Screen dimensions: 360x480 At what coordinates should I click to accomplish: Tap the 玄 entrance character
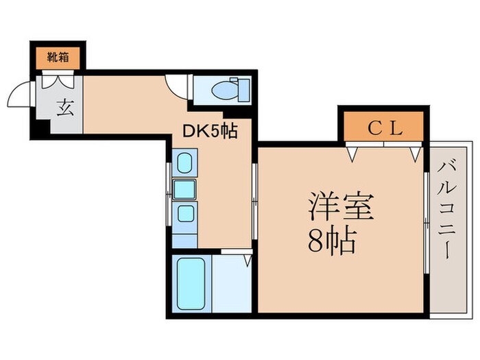point(64,108)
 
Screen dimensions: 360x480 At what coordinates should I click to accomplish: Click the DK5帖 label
point(210,130)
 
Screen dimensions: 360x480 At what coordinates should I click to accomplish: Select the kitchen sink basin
point(184,188)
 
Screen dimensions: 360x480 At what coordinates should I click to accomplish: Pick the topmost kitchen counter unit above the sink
point(184,163)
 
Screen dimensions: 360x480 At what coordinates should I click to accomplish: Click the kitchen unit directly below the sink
point(184,213)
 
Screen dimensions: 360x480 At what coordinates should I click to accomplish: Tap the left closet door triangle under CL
point(353,154)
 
